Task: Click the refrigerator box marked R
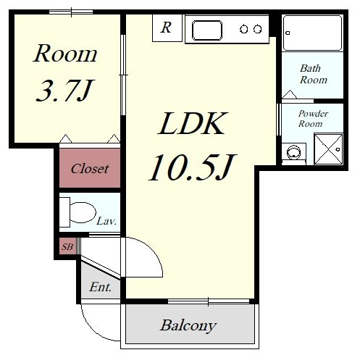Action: [x=167, y=28]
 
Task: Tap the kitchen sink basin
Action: [x=207, y=30]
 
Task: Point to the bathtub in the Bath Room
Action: [x=313, y=33]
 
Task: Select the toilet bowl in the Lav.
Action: [x=82, y=212]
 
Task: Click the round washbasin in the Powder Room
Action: [x=293, y=152]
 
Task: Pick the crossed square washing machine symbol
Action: [x=329, y=149]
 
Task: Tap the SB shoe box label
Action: [x=67, y=246]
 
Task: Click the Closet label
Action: [x=90, y=168]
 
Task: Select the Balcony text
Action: [x=188, y=325]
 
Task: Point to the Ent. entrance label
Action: [x=101, y=287]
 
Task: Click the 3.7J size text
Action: [x=64, y=91]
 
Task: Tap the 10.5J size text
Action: [x=192, y=167]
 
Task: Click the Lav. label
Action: [x=106, y=221]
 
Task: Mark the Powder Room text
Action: [x=313, y=119]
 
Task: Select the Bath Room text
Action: [x=314, y=74]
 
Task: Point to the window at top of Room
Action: [x=71, y=12]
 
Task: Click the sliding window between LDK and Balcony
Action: [x=209, y=301]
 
